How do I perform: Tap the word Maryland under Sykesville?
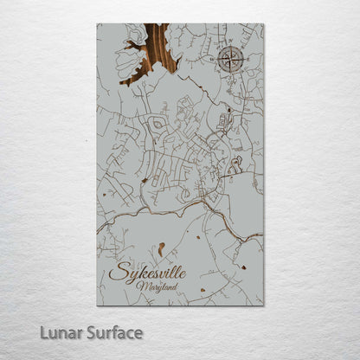point(164,286)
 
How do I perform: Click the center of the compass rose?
point(230,59)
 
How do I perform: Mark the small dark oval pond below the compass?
point(228,112)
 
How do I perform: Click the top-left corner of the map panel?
point(97,24)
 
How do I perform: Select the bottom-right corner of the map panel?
point(263,305)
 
